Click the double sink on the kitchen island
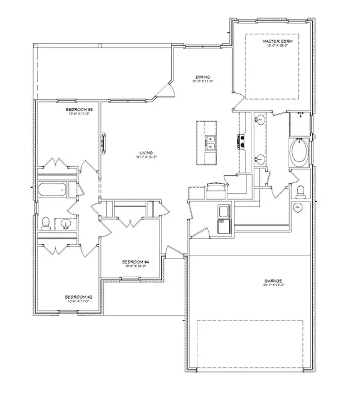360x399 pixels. coord(208,143)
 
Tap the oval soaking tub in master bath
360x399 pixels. coord(298,153)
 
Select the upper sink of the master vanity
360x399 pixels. coord(260,120)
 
